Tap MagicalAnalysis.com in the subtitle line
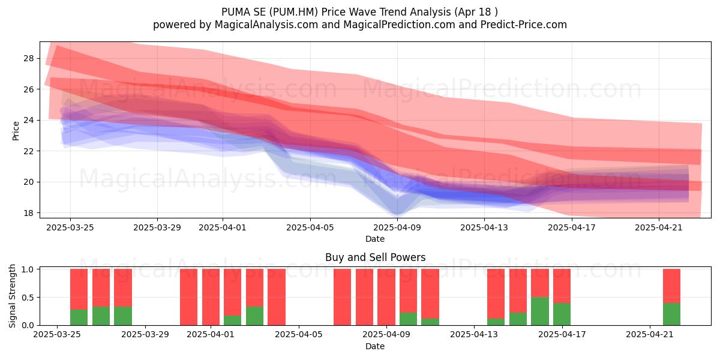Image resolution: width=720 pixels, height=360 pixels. pyautogui.click(x=266, y=25)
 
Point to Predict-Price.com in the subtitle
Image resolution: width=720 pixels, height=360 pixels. pyautogui.click(x=524, y=25)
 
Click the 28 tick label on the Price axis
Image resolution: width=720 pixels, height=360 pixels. pyautogui.click(x=28, y=59)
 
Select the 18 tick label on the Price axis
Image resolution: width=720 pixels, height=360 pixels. pyautogui.click(x=28, y=213)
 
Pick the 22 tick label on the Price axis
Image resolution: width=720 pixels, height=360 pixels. pyautogui.click(x=28, y=151)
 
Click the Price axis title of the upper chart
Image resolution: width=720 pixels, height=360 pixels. pyautogui.click(x=16, y=131)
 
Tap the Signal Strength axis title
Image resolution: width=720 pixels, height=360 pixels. pyautogui.click(x=12, y=296)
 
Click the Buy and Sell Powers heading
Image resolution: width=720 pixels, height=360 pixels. pyautogui.click(x=375, y=257)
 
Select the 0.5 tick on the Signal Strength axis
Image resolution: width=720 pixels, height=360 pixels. pyautogui.click(x=28, y=298)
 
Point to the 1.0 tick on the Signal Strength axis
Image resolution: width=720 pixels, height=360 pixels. pyautogui.click(x=28, y=269)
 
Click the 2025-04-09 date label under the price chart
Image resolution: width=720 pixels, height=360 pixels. pyautogui.click(x=397, y=227)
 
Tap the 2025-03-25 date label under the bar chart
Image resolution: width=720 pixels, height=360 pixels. pyautogui.click(x=57, y=334)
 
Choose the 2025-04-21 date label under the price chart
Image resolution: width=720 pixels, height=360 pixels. pyautogui.click(x=659, y=227)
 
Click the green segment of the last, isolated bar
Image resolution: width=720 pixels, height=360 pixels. pyautogui.click(x=671, y=314)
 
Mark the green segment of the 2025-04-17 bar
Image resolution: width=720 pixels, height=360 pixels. pyautogui.click(x=562, y=314)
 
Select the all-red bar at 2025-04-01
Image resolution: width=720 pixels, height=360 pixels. pyautogui.click(x=211, y=297)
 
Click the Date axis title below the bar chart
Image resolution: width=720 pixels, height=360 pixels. pyautogui.click(x=375, y=346)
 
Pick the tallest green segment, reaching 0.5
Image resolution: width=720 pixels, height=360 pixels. pyautogui.click(x=540, y=311)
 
